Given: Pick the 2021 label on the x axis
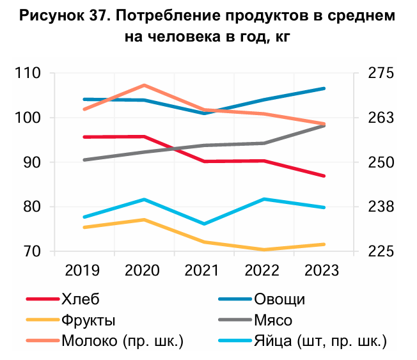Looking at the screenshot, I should pos(204,270).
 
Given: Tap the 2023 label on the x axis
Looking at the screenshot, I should pos(324,270).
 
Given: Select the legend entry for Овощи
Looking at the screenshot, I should pos(279,299).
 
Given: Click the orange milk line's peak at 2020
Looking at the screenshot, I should pos(145,85).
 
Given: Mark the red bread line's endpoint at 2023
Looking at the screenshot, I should pos(324,176).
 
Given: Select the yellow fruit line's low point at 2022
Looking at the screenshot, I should pos(264,249).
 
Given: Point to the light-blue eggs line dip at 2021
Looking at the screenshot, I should pos(204,224).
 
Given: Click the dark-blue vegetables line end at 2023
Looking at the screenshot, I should pos(324,88).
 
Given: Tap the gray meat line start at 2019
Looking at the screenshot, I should pos(84,160).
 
